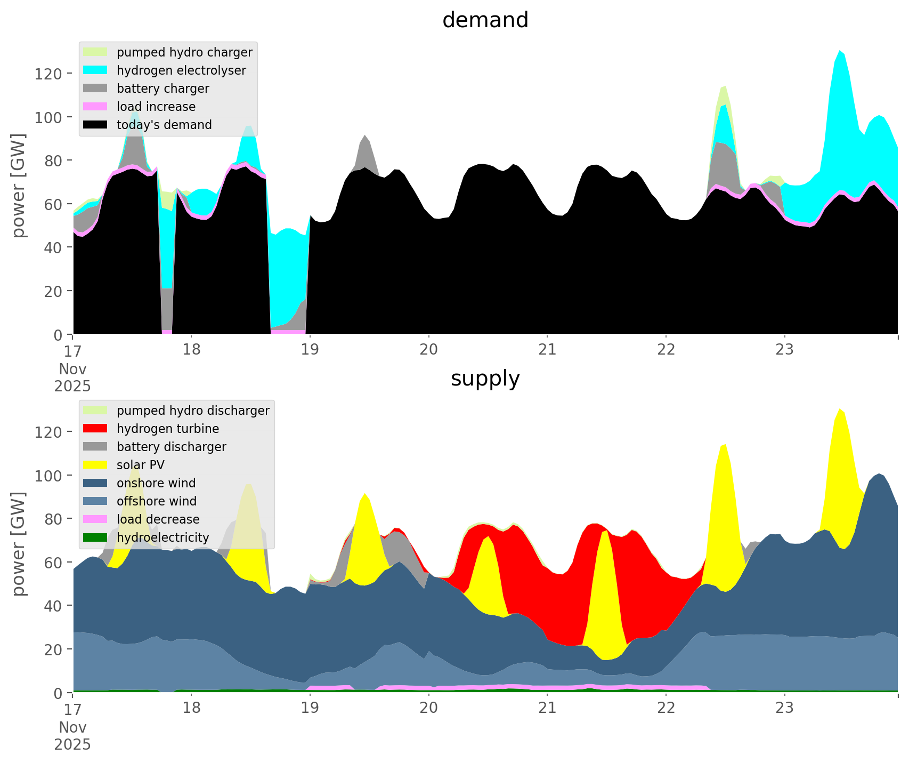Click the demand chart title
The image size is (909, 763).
[x=485, y=20]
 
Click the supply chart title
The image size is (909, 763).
[x=485, y=379]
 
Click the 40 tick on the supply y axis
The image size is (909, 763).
[x=53, y=606]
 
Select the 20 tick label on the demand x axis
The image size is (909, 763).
[x=428, y=350]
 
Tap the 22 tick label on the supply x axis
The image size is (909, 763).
[x=666, y=708]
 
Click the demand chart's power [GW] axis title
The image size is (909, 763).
[x=19, y=186]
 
